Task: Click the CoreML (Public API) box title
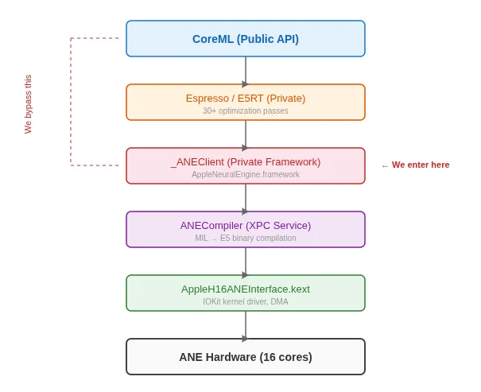point(245,39)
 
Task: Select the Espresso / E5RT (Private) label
point(245,98)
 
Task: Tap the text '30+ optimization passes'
point(245,111)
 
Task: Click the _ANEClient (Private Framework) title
point(245,161)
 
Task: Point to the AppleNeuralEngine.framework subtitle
point(245,175)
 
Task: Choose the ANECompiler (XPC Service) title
point(245,225)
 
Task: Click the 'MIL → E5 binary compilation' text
point(245,239)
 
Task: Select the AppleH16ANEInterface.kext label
point(245,289)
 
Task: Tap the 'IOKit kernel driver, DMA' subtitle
point(245,302)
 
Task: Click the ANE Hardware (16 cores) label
point(245,357)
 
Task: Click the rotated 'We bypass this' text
point(28,104)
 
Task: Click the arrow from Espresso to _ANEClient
point(245,134)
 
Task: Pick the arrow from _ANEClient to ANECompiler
point(245,198)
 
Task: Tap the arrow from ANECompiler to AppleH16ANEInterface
point(245,262)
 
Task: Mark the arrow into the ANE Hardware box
point(245,325)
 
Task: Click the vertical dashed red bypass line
point(71,102)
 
